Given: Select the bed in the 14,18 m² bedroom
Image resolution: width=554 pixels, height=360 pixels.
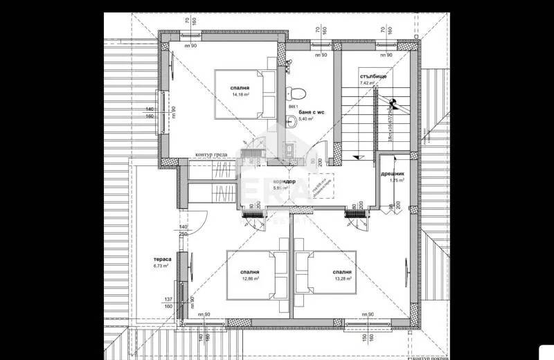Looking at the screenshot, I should (x=238, y=93).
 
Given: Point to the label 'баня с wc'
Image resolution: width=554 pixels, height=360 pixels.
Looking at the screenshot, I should (x=312, y=111).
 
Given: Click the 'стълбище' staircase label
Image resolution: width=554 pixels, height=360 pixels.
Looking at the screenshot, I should (x=374, y=75).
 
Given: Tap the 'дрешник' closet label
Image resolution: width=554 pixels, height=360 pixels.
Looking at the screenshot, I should (x=393, y=173).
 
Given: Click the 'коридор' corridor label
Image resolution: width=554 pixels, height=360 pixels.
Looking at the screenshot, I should (x=285, y=181).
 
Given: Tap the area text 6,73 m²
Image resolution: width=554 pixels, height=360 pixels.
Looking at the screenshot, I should (x=161, y=265).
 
